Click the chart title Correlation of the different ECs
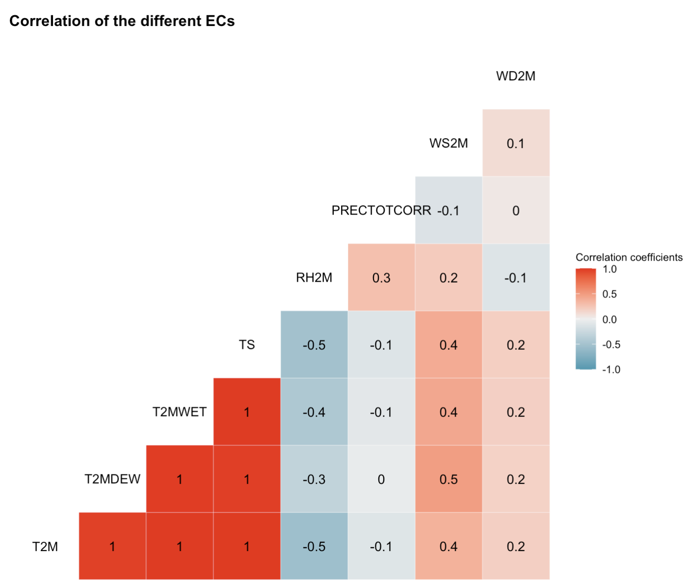point(122,21)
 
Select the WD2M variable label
point(516,76)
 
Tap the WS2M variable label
point(448,143)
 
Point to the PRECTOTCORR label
point(381,210)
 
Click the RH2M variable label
point(314,278)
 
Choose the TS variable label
point(247,345)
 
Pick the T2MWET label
point(179,412)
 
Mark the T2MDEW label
point(112,479)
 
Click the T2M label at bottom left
point(45,546)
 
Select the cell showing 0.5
point(448,479)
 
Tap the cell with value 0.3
point(381,278)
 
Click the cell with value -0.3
point(314,479)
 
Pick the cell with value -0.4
point(314,412)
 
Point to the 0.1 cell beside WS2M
point(516,143)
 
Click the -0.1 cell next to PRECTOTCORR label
point(448,210)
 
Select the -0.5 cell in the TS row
point(314,345)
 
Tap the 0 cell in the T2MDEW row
point(381,479)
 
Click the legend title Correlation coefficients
point(629,257)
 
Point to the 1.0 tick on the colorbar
point(609,269)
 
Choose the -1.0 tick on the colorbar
point(611,369)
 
